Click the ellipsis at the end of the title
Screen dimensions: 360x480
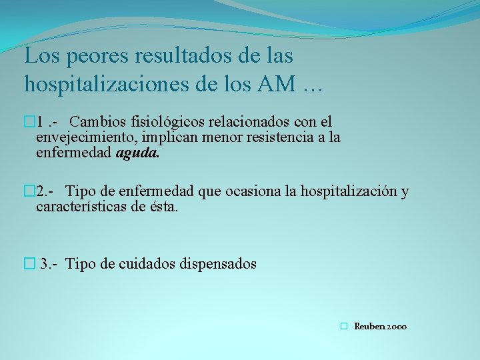pos(311,85)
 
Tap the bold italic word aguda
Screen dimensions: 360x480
pos(137,153)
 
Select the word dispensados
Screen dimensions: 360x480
pos(217,264)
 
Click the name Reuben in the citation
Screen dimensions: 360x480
pos(369,327)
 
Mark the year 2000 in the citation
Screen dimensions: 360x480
pos(396,327)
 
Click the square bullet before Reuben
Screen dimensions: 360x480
pos(343,327)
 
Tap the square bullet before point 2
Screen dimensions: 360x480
pos(28,192)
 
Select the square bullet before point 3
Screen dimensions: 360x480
pos(28,264)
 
